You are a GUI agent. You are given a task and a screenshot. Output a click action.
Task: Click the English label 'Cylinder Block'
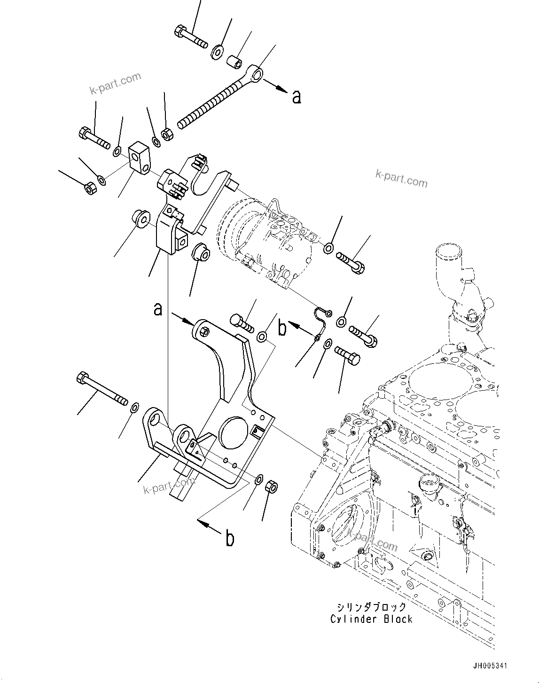pyautogui.click(x=371, y=619)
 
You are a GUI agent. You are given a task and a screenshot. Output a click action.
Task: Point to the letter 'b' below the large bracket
pyautogui.click(x=230, y=538)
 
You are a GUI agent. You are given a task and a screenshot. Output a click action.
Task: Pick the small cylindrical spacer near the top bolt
pyautogui.click(x=234, y=62)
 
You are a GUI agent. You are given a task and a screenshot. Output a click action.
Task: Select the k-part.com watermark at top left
pyautogui.click(x=116, y=83)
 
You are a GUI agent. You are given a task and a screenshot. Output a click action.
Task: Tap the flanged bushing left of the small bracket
pyautogui.click(x=140, y=219)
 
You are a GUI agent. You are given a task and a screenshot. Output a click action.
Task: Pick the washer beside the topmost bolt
pyautogui.click(x=218, y=51)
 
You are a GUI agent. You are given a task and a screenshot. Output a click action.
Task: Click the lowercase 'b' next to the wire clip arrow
pyautogui.click(x=282, y=329)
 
